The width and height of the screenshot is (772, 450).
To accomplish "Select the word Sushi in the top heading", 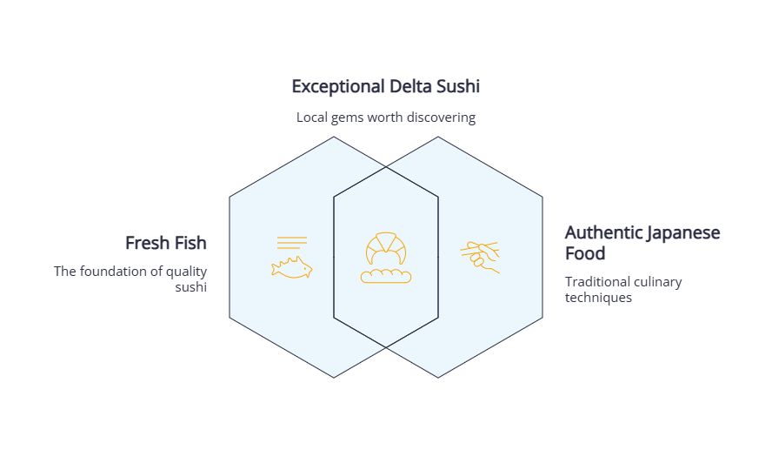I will click(457, 87).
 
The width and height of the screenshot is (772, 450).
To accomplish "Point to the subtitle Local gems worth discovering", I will click(386, 118).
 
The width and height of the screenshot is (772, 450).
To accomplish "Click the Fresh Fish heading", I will click(165, 243).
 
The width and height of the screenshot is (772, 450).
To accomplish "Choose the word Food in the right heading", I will click(585, 254).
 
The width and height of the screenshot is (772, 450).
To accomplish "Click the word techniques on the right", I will click(598, 298).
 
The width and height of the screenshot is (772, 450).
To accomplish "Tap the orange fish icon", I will click(292, 268).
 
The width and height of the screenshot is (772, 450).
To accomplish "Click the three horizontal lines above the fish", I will click(292, 243).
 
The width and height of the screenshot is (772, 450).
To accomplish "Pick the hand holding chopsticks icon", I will click(482, 258).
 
